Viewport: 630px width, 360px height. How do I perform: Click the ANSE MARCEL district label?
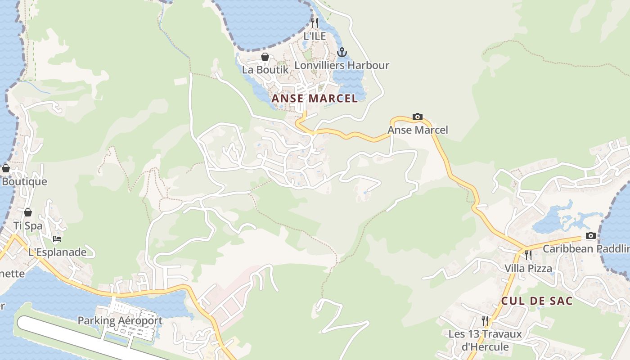pyautogui.click(x=315, y=98)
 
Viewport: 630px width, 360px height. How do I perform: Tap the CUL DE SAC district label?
pyautogui.click(x=537, y=301)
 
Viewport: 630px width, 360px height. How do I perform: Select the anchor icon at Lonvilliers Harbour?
pyautogui.click(x=342, y=52)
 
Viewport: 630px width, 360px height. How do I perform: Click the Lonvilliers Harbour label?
pyautogui.click(x=342, y=65)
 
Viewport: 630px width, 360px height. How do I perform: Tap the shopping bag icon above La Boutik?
pyautogui.click(x=265, y=57)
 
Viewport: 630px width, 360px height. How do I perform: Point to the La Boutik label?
pyautogui.click(x=265, y=70)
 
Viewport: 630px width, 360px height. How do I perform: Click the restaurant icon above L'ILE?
pyautogui.click(x=315, y=22)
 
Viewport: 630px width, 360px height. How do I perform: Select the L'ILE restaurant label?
pyautogui.click(x=315, y=36)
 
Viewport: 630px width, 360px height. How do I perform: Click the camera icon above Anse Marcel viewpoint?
pyautogui.click(x=418, y=117)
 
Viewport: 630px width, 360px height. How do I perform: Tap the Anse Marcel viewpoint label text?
pyautogui.click(x=418, y=130)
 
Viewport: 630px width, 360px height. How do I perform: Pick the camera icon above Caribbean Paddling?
pyautogui.click(x=591, y=236)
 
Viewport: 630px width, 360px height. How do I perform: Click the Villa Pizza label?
pyautogui.click(x=528, y=269)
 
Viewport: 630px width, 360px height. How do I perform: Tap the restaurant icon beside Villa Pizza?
pyautogui.click(x=528, y=255)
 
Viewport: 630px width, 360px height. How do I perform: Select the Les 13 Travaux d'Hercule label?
pyautogui.click(x=485, y=340)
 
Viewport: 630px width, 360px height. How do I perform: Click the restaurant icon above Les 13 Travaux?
pyautogui.click(x=485, y=320)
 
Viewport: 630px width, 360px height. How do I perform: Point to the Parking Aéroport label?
pyautogui.click(x=120, y=321)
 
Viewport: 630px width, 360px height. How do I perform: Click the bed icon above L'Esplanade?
pyautogui.click(x=57, y=239)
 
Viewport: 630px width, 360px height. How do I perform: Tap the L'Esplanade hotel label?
pyautogui.click(x=57, y=252)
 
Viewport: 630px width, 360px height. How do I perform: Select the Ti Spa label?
pyautogui.click(x=28, y=225)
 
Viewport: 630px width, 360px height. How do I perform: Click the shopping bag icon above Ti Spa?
pyautogui.click(x=28, y=212)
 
